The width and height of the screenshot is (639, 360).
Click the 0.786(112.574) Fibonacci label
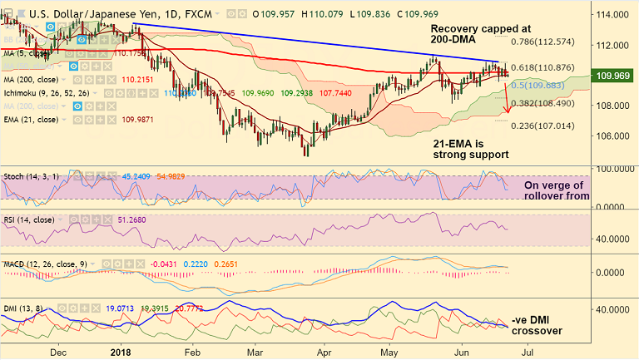[543, 42]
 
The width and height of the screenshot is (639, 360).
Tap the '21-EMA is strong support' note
[472, 149]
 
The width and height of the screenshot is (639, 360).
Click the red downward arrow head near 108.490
[508, 111]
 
